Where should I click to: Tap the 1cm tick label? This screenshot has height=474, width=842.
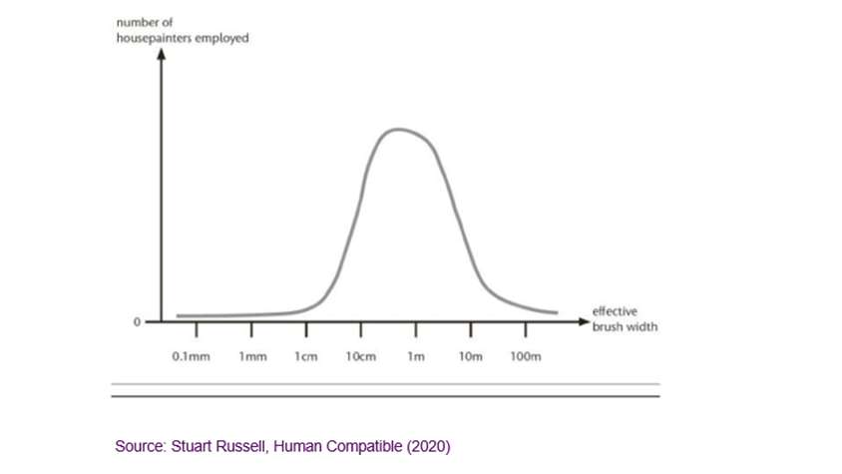coord(306,356)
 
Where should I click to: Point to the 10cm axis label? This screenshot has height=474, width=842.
coord(360,356)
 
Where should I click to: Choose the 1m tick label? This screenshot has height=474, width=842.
coord(417,356)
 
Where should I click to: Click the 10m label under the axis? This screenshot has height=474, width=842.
coord(470,356)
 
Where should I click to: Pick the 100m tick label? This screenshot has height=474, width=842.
coord(525,356)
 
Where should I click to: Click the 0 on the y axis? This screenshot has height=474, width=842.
coord(138,322)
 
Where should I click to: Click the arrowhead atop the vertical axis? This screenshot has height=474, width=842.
coord(160,54)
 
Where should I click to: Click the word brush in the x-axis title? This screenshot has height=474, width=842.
coord(609,327)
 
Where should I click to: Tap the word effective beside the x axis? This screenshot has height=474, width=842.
coord(611,311)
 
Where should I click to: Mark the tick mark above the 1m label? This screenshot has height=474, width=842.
coord(417,330)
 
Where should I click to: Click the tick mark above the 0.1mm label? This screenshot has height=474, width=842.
coord(196,330)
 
